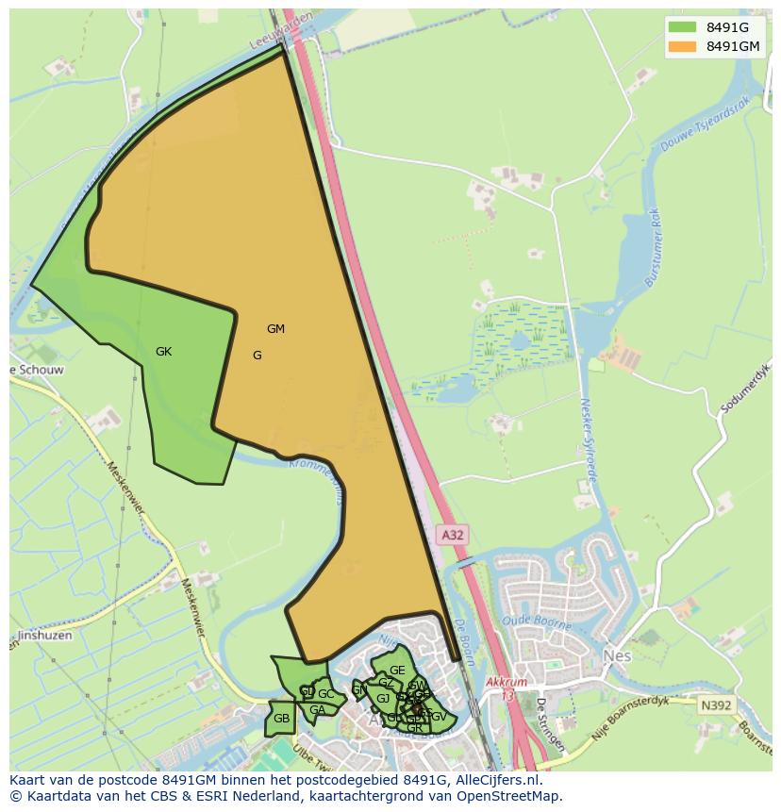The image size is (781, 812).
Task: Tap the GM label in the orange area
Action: click(275, 329)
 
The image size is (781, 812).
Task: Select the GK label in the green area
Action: click(164, 352)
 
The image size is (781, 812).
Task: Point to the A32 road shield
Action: click(453, 535)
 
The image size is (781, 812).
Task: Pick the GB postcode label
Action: click(281, 719)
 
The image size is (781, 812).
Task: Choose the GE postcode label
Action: click(397, 671)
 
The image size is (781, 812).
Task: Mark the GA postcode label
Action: click(317, 710)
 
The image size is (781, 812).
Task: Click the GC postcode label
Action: click(325, 695)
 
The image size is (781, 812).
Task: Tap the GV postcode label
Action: click(439, 717)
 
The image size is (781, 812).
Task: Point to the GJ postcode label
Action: click(383, 699)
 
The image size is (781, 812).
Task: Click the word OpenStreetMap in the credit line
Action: click(512, 796)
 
